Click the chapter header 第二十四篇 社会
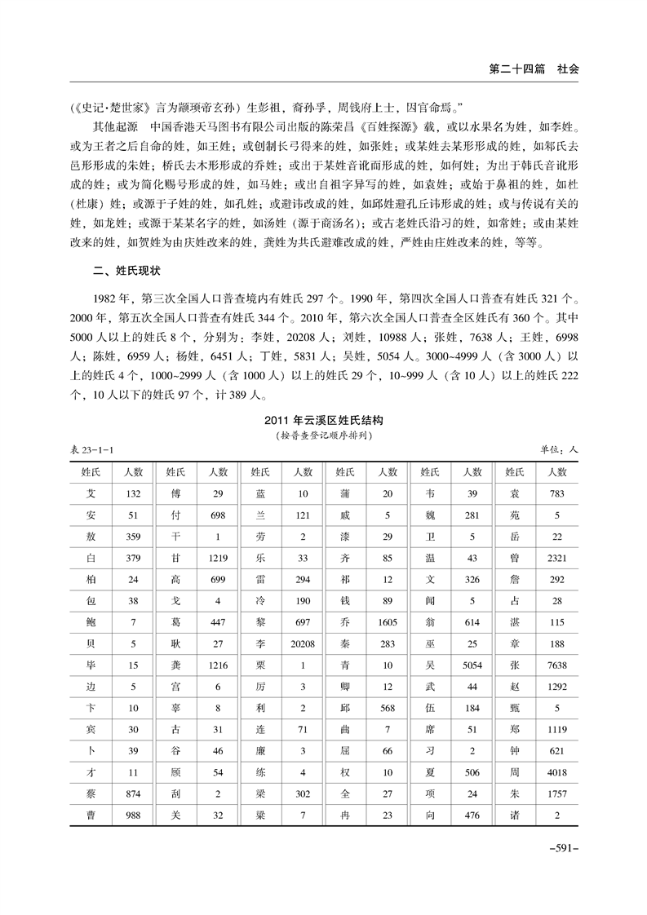534,69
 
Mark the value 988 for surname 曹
133,813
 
